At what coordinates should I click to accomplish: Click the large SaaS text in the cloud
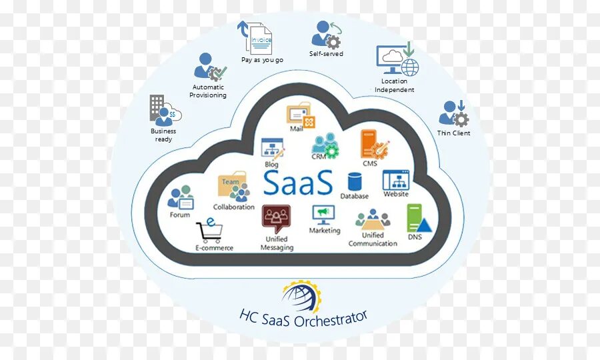(x=297, y=182)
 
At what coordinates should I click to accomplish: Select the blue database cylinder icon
(x=354, y=182)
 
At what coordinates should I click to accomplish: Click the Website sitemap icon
(x=395, y=180)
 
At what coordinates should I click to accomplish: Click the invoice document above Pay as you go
(x=259, y=38)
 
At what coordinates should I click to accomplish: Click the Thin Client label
(x=453, y=133)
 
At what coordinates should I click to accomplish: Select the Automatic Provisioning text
(x=208, y=91)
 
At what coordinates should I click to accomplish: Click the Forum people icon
(x=181, y=198)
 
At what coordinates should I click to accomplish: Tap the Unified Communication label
(x=373, y=239)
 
